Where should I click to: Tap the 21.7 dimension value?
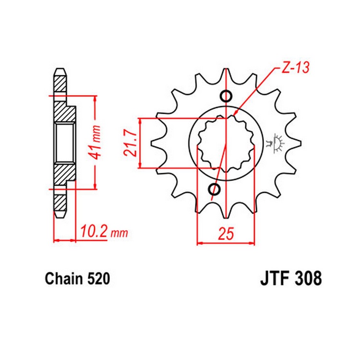(x=129, y=143)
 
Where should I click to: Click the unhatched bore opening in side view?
(x=64, y=143)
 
